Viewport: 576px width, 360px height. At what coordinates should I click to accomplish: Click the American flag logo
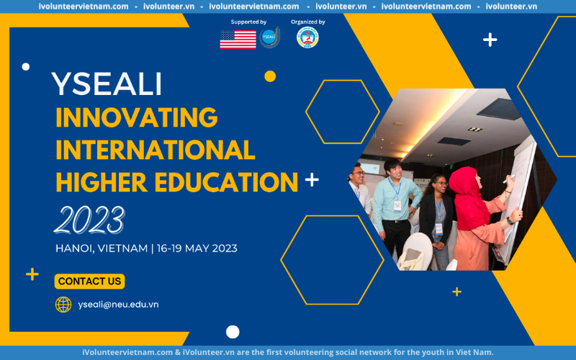pyautogui.click(x=238, y=40)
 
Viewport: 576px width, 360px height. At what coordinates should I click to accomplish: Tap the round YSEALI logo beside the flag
pyautogui.click(x=269, y=37)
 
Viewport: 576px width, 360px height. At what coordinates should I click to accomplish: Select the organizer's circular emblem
pyautogui.click(x=307, y=37)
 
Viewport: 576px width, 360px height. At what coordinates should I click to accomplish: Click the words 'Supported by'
pyautogui.click(x=248, y=22)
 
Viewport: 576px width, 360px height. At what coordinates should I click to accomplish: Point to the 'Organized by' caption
pyautogui.click(x=308, y=22)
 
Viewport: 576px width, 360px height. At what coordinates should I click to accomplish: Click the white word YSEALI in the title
pyautogui.click(x=107, y=84)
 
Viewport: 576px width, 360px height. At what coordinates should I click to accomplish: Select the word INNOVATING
pyautogui.click(x=137, y=117)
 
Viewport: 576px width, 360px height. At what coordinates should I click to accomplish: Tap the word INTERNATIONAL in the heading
pyautogui.click(x=156, y=150)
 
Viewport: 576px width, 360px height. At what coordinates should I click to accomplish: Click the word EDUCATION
pyautogui.click(x=226, y=182)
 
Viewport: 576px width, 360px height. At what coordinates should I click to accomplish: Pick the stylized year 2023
pyautogui.click(x=89, y=220)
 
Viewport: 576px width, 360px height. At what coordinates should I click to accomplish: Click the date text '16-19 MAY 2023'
pyautogui.click(x=197, y=248)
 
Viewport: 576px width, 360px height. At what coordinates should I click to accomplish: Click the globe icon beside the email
pyautogui.click(x=63, y=305)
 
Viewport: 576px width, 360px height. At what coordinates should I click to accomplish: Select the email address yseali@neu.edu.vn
pyautogui.click(x=118, y=305)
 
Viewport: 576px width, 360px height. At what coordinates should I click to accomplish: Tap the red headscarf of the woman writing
pyautogui.click(x=465, y=199)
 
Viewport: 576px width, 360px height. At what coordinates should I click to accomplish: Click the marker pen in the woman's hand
pyautogui.click(x=509, y=179)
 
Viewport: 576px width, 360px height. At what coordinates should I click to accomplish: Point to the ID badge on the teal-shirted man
pyautogui.click(x=397, y=206)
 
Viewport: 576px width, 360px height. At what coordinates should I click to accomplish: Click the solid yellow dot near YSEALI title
pyautogui.click(x=270, y=76)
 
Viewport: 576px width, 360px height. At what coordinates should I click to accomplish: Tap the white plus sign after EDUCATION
pyautogui.click(x=312, y=179)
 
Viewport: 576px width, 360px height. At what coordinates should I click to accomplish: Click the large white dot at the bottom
pyautogui.click(x=233, y=332)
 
